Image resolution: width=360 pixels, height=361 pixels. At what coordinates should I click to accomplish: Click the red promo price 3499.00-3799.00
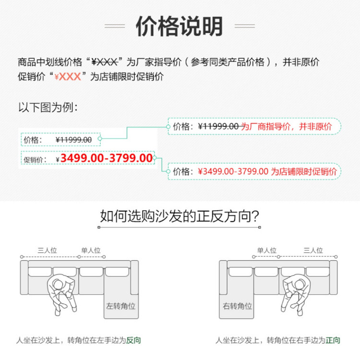[x=107, y=158]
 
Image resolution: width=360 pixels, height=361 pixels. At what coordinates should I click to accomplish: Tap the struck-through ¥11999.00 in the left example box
[x=73, y=140]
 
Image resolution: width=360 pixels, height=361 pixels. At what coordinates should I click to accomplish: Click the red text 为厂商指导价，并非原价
[x=286, y=127]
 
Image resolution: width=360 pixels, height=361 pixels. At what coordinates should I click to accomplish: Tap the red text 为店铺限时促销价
[x=303, y=171]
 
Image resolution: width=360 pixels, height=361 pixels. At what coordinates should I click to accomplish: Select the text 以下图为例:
[x=48, y=108]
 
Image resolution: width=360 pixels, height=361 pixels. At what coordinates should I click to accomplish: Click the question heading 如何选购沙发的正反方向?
[x=180, y=216]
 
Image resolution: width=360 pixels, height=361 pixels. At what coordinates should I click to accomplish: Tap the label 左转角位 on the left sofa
[x=121, y=305]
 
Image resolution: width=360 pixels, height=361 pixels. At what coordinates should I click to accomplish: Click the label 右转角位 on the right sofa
[x=237, y=305]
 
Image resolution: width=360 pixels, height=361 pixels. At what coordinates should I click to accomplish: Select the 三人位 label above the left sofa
[x=47, y=250]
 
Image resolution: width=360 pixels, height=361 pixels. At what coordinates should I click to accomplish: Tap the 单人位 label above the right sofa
[x=267, y=250]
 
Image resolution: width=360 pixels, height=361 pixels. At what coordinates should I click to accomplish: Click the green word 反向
[x=133, y=340]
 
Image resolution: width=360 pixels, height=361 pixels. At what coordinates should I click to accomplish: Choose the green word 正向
[x=333, y=340]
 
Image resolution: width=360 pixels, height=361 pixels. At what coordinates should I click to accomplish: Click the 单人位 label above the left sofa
[x=91, y=250]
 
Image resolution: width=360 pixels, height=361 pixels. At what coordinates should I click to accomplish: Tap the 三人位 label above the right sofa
[x=313, y=250]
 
